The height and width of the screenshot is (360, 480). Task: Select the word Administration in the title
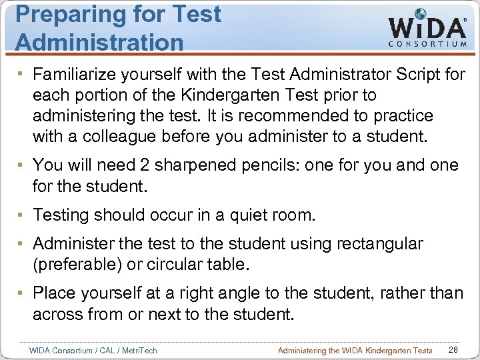99,42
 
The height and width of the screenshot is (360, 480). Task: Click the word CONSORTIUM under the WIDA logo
427,44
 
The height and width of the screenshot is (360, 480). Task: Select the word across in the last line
59,314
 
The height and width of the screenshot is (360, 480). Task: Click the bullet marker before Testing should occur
22,215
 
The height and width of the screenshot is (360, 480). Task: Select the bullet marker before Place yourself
22,293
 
